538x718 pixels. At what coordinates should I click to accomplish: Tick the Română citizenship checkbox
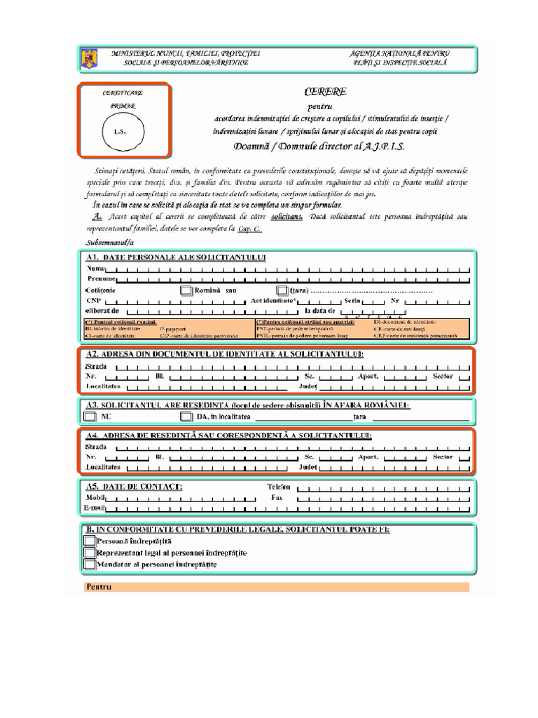[x=186, y=290]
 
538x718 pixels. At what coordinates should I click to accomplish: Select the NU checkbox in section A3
[x=90, y=416]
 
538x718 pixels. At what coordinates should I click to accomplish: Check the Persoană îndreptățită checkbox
[x=89, y=541]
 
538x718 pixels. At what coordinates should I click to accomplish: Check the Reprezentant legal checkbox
[x=89, y=553]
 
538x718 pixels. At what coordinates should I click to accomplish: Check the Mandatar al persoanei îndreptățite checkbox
[x=89, y=564]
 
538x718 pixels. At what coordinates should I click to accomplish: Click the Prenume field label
[x=102, y=279]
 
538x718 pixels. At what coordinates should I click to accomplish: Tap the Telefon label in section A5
[x=279, y=486]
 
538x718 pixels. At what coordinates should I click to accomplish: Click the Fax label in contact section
[x=277, y=496]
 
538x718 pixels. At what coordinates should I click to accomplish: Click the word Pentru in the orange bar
[x=99, y=587]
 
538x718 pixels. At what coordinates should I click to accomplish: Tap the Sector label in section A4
[x=443, y=456]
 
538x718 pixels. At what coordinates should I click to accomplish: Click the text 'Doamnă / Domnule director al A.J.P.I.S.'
[x=319, y=147]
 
